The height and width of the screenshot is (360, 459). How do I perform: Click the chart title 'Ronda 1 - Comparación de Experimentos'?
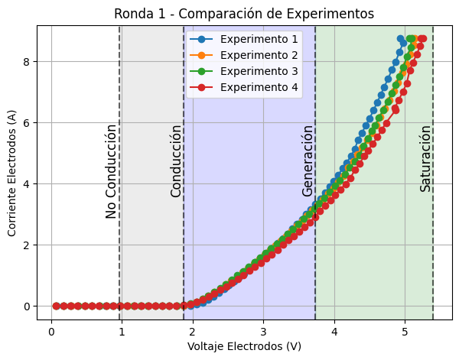click(244, 14)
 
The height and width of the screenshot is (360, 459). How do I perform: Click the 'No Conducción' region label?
click(112, 171)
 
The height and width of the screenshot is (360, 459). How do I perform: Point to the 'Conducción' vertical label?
click(176, 161)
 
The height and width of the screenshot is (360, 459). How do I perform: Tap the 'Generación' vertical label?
click(308, 161)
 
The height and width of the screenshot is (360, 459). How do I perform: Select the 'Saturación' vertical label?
click(425, 158)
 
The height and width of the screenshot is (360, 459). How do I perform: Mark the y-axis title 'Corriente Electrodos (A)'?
click(12, 172)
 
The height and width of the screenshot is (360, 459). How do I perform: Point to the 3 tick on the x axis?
click(263, 331)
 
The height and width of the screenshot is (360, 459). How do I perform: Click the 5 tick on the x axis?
click(405, 331)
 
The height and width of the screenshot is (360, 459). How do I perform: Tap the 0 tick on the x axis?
click(50, 331)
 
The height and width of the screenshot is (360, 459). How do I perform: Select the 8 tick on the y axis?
click(26, 61)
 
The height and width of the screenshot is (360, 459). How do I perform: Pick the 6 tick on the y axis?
click(26, 122)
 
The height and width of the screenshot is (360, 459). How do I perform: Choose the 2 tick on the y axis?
click(26, 245)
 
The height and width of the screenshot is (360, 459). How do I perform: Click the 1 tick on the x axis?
click(122, 331)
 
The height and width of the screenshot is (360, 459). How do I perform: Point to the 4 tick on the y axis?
click(26, 183)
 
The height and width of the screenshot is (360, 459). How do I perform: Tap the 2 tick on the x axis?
click(192, 331)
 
